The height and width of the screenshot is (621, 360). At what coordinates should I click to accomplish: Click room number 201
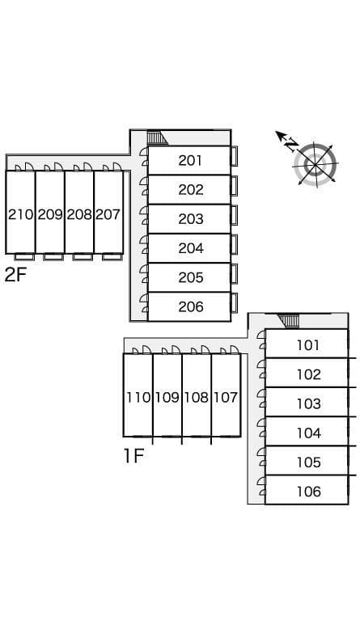190,160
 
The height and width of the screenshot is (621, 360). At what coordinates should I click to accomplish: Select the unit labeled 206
190,306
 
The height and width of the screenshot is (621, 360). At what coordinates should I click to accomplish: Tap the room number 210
20,214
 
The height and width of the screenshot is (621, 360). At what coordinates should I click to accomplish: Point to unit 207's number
108,214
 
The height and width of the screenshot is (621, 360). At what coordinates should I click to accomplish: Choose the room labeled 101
308,345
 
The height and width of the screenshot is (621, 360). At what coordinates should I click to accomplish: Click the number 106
308,492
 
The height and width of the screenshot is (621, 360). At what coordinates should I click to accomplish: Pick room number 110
138,397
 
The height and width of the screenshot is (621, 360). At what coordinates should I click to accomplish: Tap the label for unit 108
196,397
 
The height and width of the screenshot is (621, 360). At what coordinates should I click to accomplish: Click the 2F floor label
15,274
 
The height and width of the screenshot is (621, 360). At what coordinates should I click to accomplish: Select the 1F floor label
133,456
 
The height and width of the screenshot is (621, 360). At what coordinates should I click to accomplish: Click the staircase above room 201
157,138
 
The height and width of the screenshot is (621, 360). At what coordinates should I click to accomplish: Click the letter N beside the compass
291,145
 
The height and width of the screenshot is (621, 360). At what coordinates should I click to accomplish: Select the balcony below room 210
24,256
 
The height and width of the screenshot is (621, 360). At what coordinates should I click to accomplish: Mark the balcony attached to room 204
235,244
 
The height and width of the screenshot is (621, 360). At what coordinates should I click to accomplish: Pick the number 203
190,219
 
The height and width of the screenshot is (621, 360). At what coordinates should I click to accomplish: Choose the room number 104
308,433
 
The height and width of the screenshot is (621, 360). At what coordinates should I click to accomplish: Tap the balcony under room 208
83,256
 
